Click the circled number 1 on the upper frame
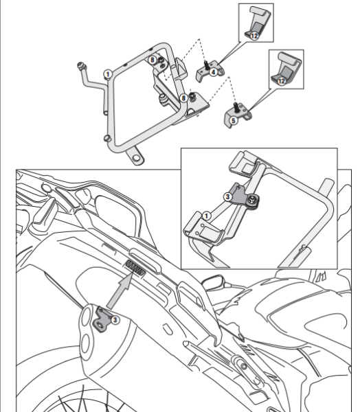pos(107,71)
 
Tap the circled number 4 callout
pos(214,71)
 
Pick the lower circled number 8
pos(183,99)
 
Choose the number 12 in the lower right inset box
pos(281,80)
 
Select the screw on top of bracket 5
pos(236,107)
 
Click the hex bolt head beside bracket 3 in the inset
pos(254,200)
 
